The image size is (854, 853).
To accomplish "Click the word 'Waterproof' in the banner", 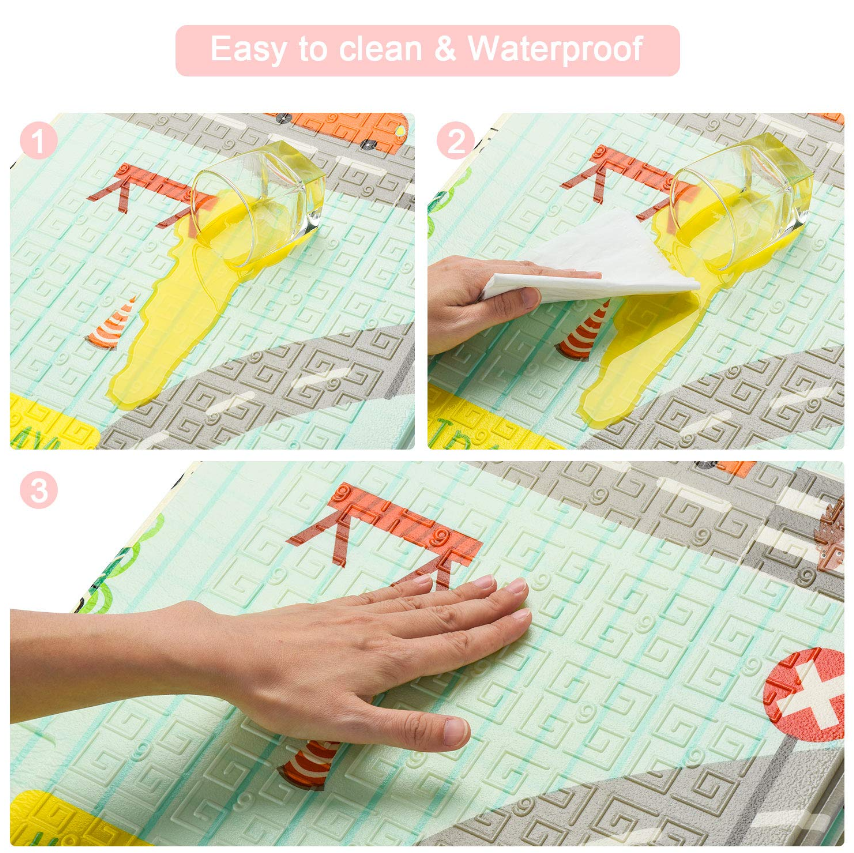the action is click(x=555, y=50).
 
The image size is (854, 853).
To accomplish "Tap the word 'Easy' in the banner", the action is click(x=248, y=51).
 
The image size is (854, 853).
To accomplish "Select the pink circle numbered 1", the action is click(x=39, y=141).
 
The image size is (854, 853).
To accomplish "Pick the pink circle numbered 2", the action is click(x=456, y=141).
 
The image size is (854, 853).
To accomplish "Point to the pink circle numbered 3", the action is click(x=39, y=490).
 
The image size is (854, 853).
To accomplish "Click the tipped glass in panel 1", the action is click(x=258, y=203).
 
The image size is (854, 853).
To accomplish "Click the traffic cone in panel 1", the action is click(x=112, y=325).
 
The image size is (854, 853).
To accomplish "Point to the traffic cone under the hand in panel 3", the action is click(x=308, y=764).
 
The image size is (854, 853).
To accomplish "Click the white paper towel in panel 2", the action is click(x=591, y=260).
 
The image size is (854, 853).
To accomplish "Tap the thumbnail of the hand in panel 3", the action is click(x=456, y=732).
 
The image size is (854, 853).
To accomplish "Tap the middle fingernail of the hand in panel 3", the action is click(x=515, y=586).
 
